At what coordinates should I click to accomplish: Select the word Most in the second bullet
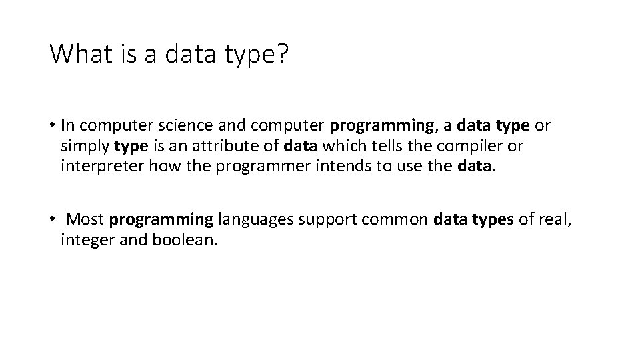tap(87, 219)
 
